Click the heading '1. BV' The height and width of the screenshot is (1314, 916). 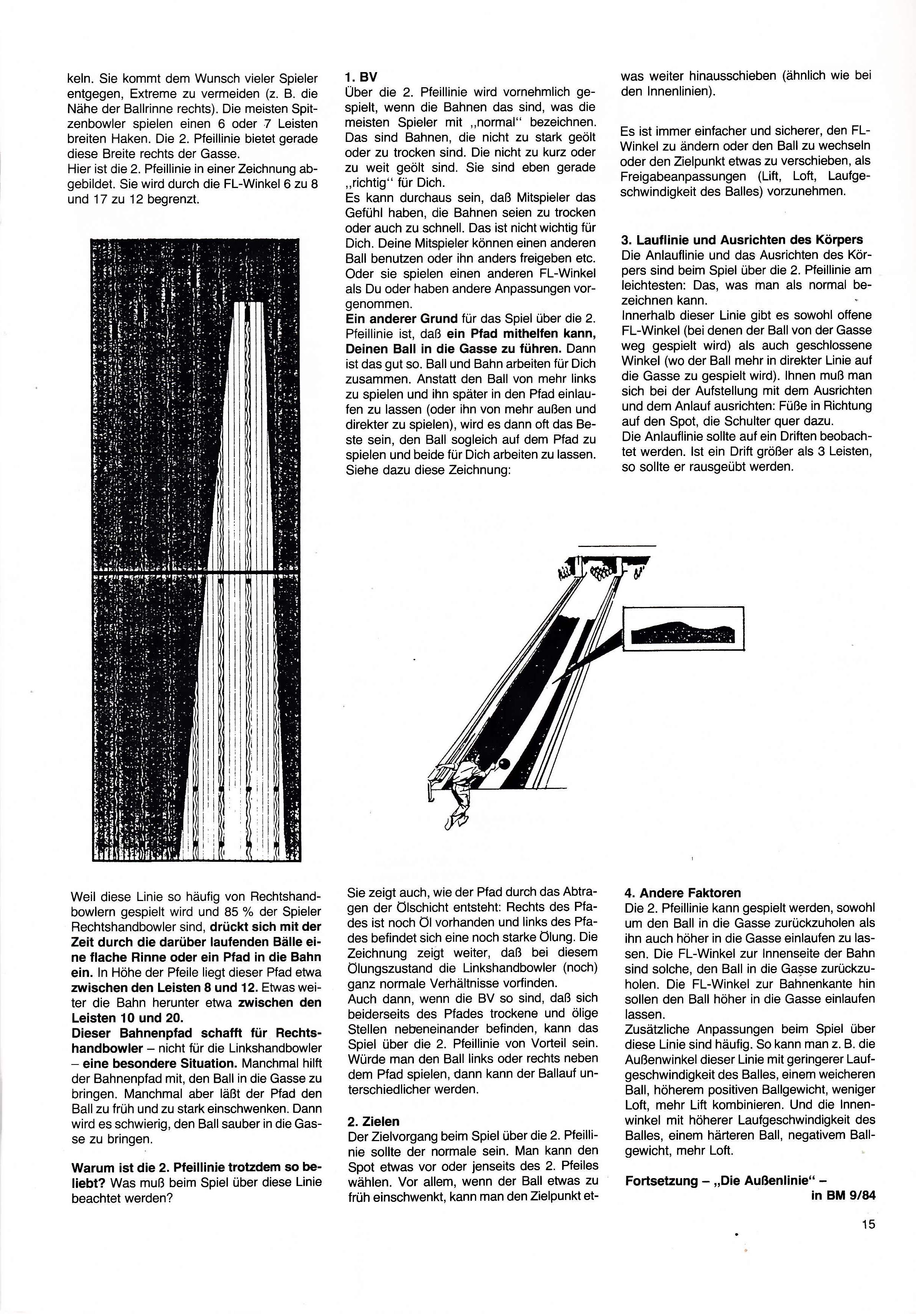click(x=361, y=77)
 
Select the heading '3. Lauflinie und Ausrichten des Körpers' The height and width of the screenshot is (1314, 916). click(x=742, y=240)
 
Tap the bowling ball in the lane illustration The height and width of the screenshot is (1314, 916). click(x=504, y=763)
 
